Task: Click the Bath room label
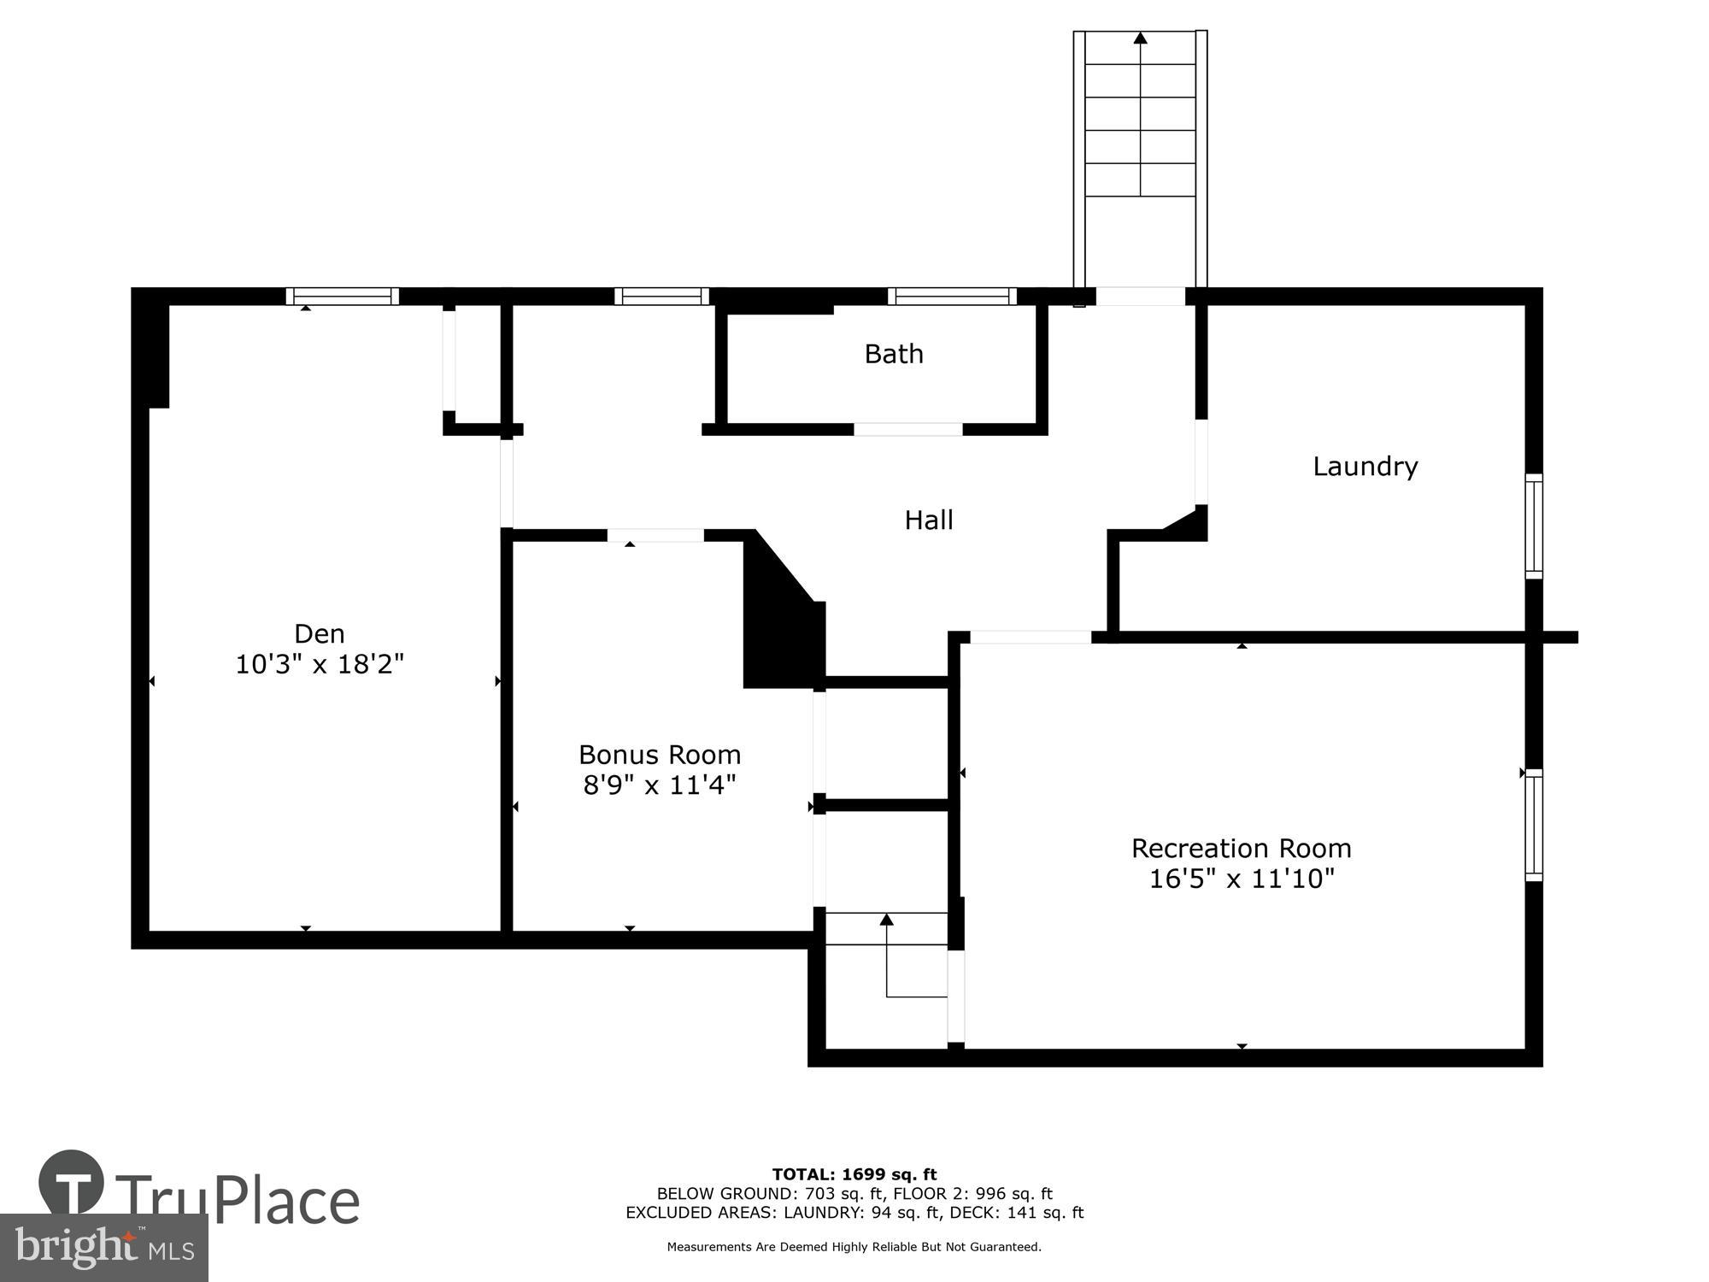[894, 354]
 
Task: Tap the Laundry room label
[1365, 467]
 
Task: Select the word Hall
[929, 520]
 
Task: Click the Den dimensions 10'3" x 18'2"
[320, 664]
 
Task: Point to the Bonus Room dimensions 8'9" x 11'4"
[660, 785]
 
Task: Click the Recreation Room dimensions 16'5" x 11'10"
[1242, 879]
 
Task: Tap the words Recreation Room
[1242, 849]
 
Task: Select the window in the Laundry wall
[1534, 526]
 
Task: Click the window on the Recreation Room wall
[1534, 825]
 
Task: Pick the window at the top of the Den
[342, 297]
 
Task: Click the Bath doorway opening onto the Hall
[908, 429]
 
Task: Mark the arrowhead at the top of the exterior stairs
[1140, 38]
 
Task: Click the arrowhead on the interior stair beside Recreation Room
[886, 920]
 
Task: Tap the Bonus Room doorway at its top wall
[655, 536]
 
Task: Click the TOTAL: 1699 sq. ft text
[854, 1174]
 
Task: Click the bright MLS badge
[104, 1248]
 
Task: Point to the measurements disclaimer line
[854, 1247]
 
